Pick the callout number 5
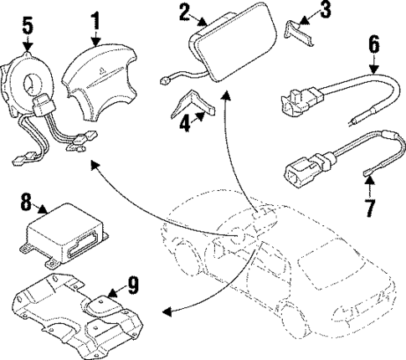click(x=28, y=26)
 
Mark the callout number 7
click(x=373, y=203)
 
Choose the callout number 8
click(x=26, y=203)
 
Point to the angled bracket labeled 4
click(x=193, y=105)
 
